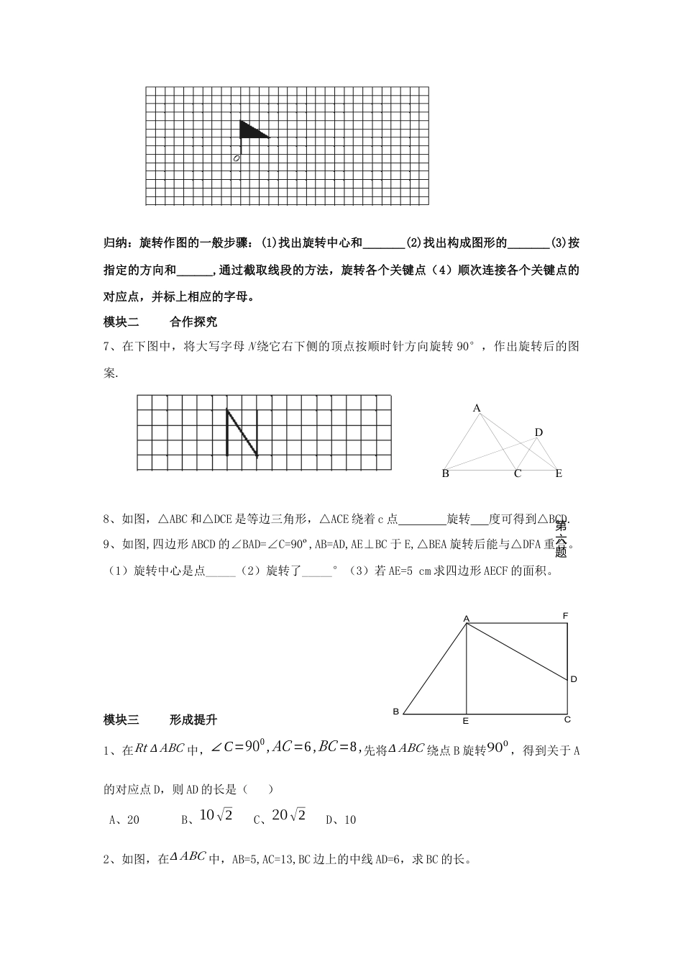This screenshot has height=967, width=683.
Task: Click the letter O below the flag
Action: [237, 158]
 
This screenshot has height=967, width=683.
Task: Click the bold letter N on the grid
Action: [242, 433]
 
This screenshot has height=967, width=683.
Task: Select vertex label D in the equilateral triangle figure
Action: [538, 432]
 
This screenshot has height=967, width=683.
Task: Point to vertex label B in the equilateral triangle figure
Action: [446, 473]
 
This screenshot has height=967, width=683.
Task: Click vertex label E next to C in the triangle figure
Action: [559, 473]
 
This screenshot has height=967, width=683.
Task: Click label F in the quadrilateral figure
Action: [566, 616]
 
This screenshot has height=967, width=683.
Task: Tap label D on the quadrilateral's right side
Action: [574, 679]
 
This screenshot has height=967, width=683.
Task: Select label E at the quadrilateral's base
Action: [466, 720]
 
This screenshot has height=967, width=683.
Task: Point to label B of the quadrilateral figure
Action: [395, 712]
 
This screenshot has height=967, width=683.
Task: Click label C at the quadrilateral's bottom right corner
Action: [567, 719]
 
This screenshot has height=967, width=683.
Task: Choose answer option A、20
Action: [124, 820]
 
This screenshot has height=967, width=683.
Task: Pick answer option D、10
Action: [341, 820]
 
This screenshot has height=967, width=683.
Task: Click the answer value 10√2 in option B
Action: [216, 815]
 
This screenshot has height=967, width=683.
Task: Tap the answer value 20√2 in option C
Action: [289, 815]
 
